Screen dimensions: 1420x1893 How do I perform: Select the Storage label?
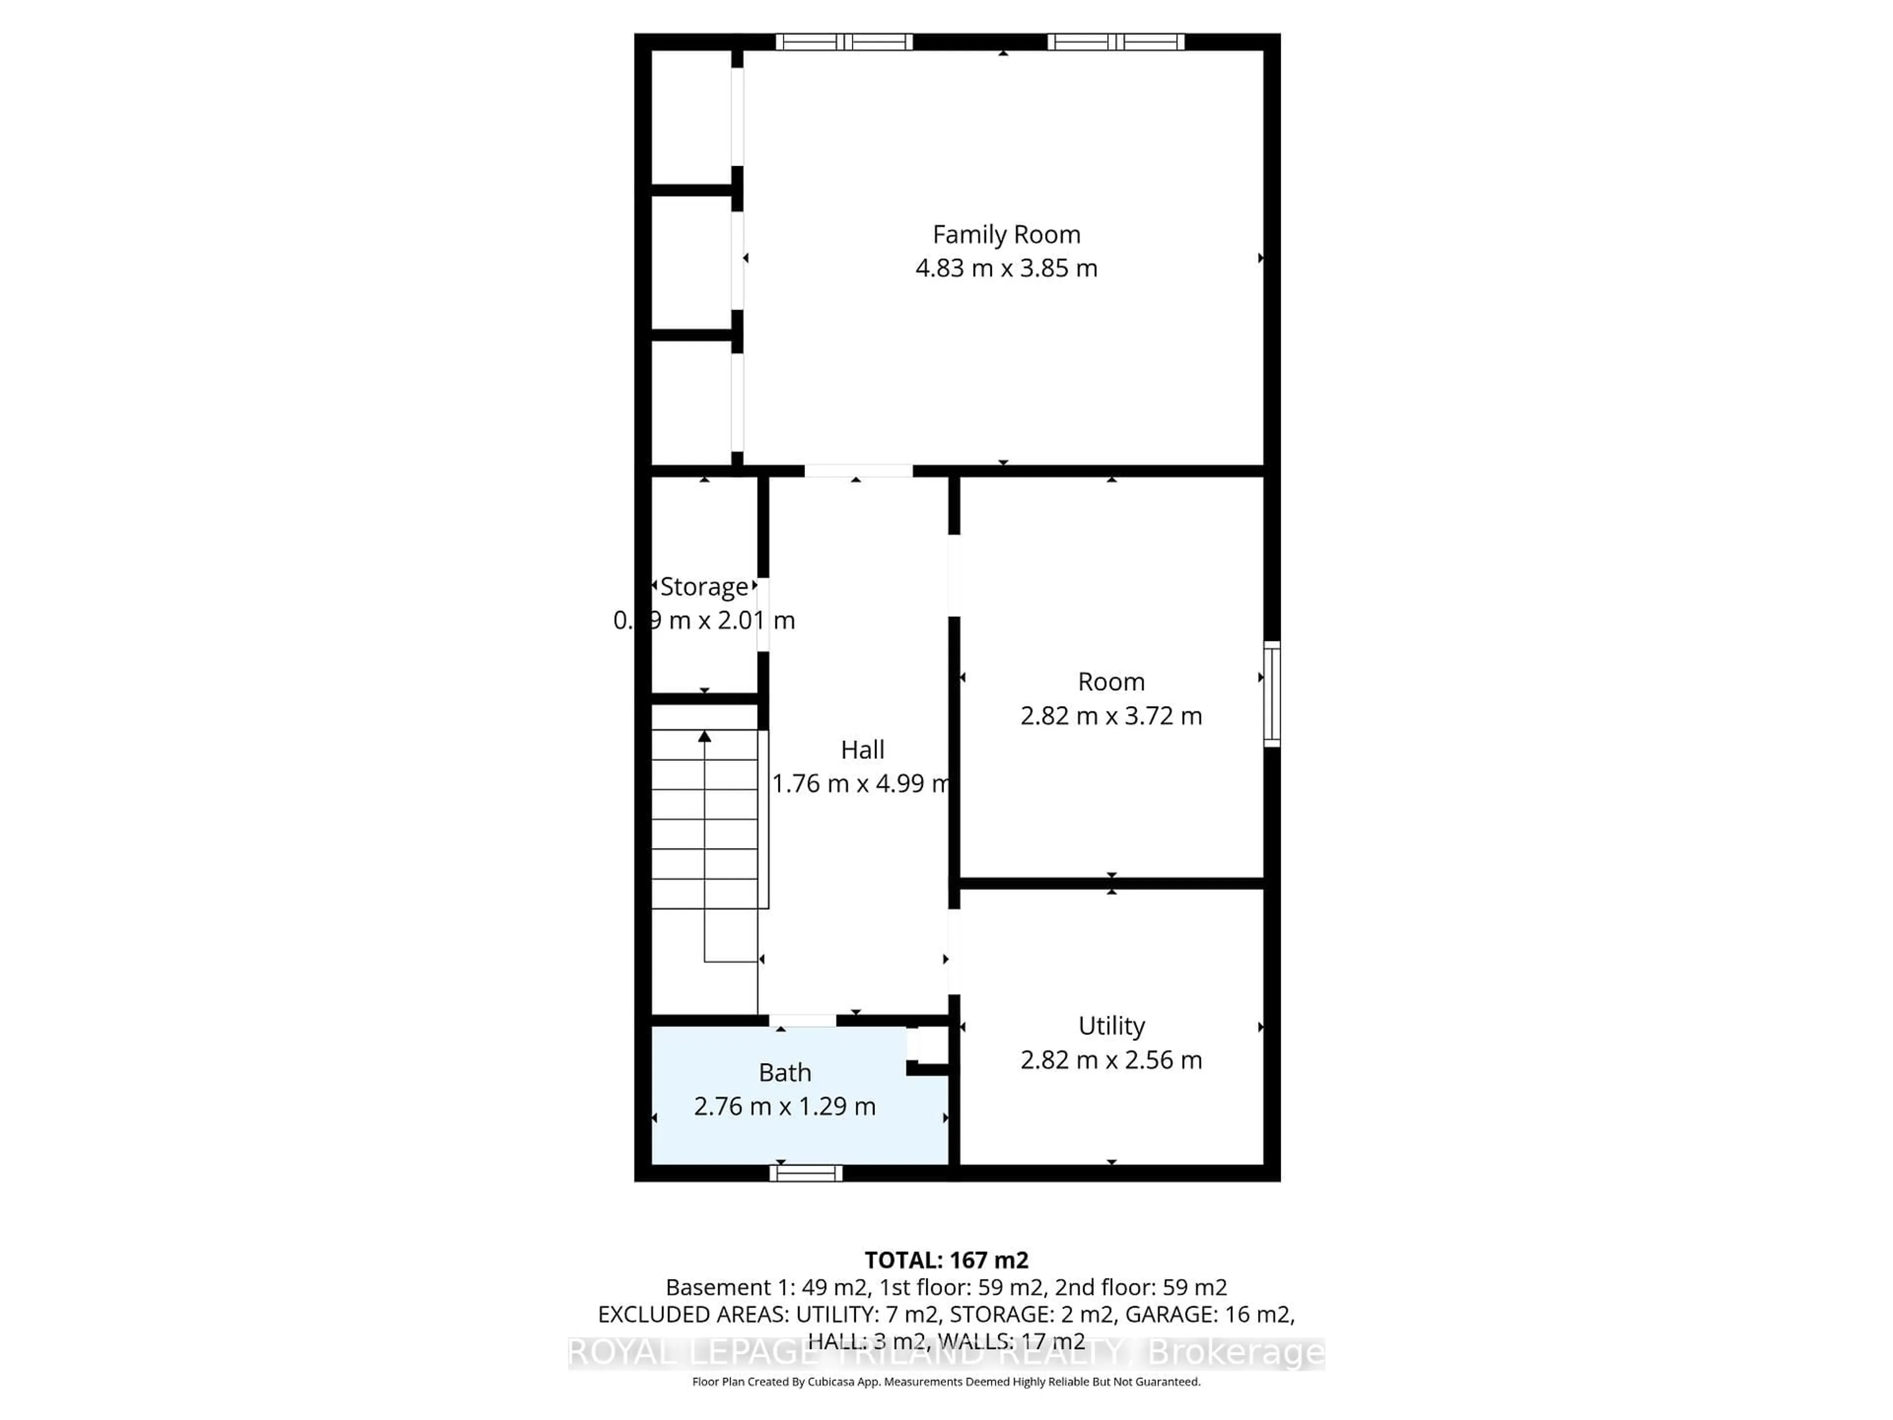(x=704, y=587)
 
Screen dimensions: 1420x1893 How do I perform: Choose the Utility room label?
(x=1111, y=1026)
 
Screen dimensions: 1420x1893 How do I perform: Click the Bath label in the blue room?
(x=785, y=1072)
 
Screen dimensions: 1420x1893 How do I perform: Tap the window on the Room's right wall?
(x=1272, y=694)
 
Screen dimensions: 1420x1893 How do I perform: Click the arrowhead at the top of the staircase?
(x=704, y=736)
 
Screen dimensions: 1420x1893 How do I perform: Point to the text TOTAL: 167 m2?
(x=946, y=1260)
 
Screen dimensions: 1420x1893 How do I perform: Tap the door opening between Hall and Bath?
(x=803, y=1020)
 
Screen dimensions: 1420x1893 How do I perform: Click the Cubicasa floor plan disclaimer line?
(x=946, y=1382)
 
